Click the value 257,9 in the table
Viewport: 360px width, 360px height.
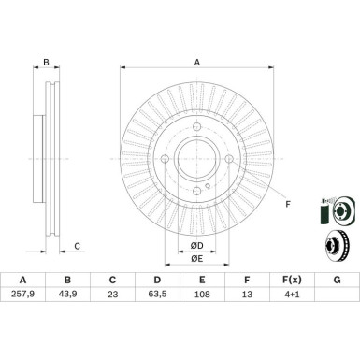click(x=22, y=294)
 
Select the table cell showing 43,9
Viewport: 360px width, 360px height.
click(x=67, y=294)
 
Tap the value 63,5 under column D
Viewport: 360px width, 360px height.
click(x=157, y=294)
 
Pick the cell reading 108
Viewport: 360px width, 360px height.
click(x=202, y=294)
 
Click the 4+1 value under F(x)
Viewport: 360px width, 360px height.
click(x=292, y=294)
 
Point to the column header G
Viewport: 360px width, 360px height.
click(x=337, y=280)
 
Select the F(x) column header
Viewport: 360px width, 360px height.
click(x=292, y=280)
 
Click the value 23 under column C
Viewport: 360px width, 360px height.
click(x=112, y=294)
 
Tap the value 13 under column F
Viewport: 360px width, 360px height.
click(x=247, y=294)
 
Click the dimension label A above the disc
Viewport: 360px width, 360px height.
click(x=197, y=63)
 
